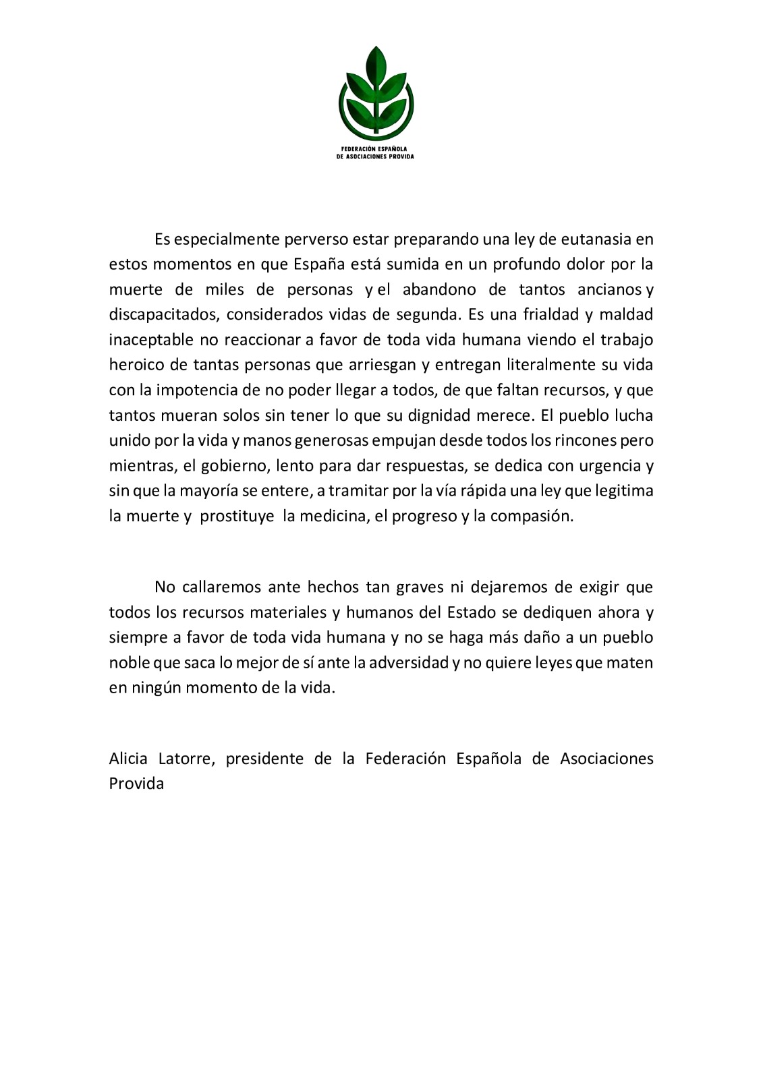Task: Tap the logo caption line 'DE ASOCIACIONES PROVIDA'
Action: pos(375,156)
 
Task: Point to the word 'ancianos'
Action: pos(609,289)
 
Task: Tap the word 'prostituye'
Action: pos(237,517)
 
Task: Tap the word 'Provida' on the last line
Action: pos(136,784)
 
